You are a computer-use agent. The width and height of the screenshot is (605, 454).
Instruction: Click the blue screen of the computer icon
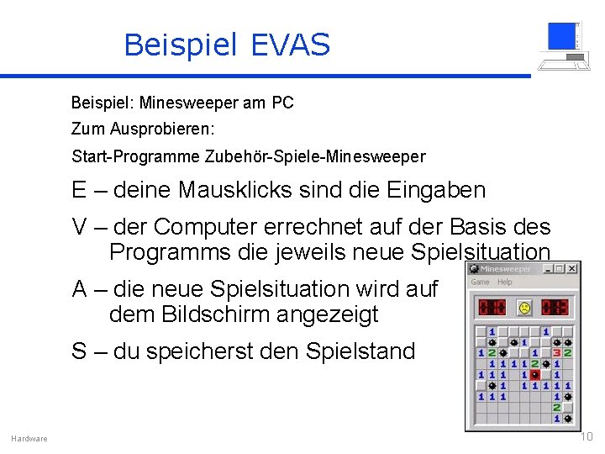pos(560,36)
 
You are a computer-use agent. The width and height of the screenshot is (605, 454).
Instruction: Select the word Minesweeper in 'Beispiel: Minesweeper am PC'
pos(188,103)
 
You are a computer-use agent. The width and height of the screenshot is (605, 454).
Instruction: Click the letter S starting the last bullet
pos(79,351)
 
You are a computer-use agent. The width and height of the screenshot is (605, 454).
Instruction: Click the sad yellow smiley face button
pos(525,308)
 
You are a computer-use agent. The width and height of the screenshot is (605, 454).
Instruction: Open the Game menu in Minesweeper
pos(481,282)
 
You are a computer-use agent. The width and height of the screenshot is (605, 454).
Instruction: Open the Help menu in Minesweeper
pos(505,282)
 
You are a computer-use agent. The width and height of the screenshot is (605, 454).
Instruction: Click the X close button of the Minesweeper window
pos(572,269)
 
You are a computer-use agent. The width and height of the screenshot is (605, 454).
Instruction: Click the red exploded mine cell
pos(535,375)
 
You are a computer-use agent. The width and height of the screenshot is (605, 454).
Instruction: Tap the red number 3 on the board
pos(556,353)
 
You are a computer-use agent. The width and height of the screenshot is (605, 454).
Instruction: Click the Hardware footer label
pos(29,439)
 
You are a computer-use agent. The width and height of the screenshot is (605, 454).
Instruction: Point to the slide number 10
pos(587,436)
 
